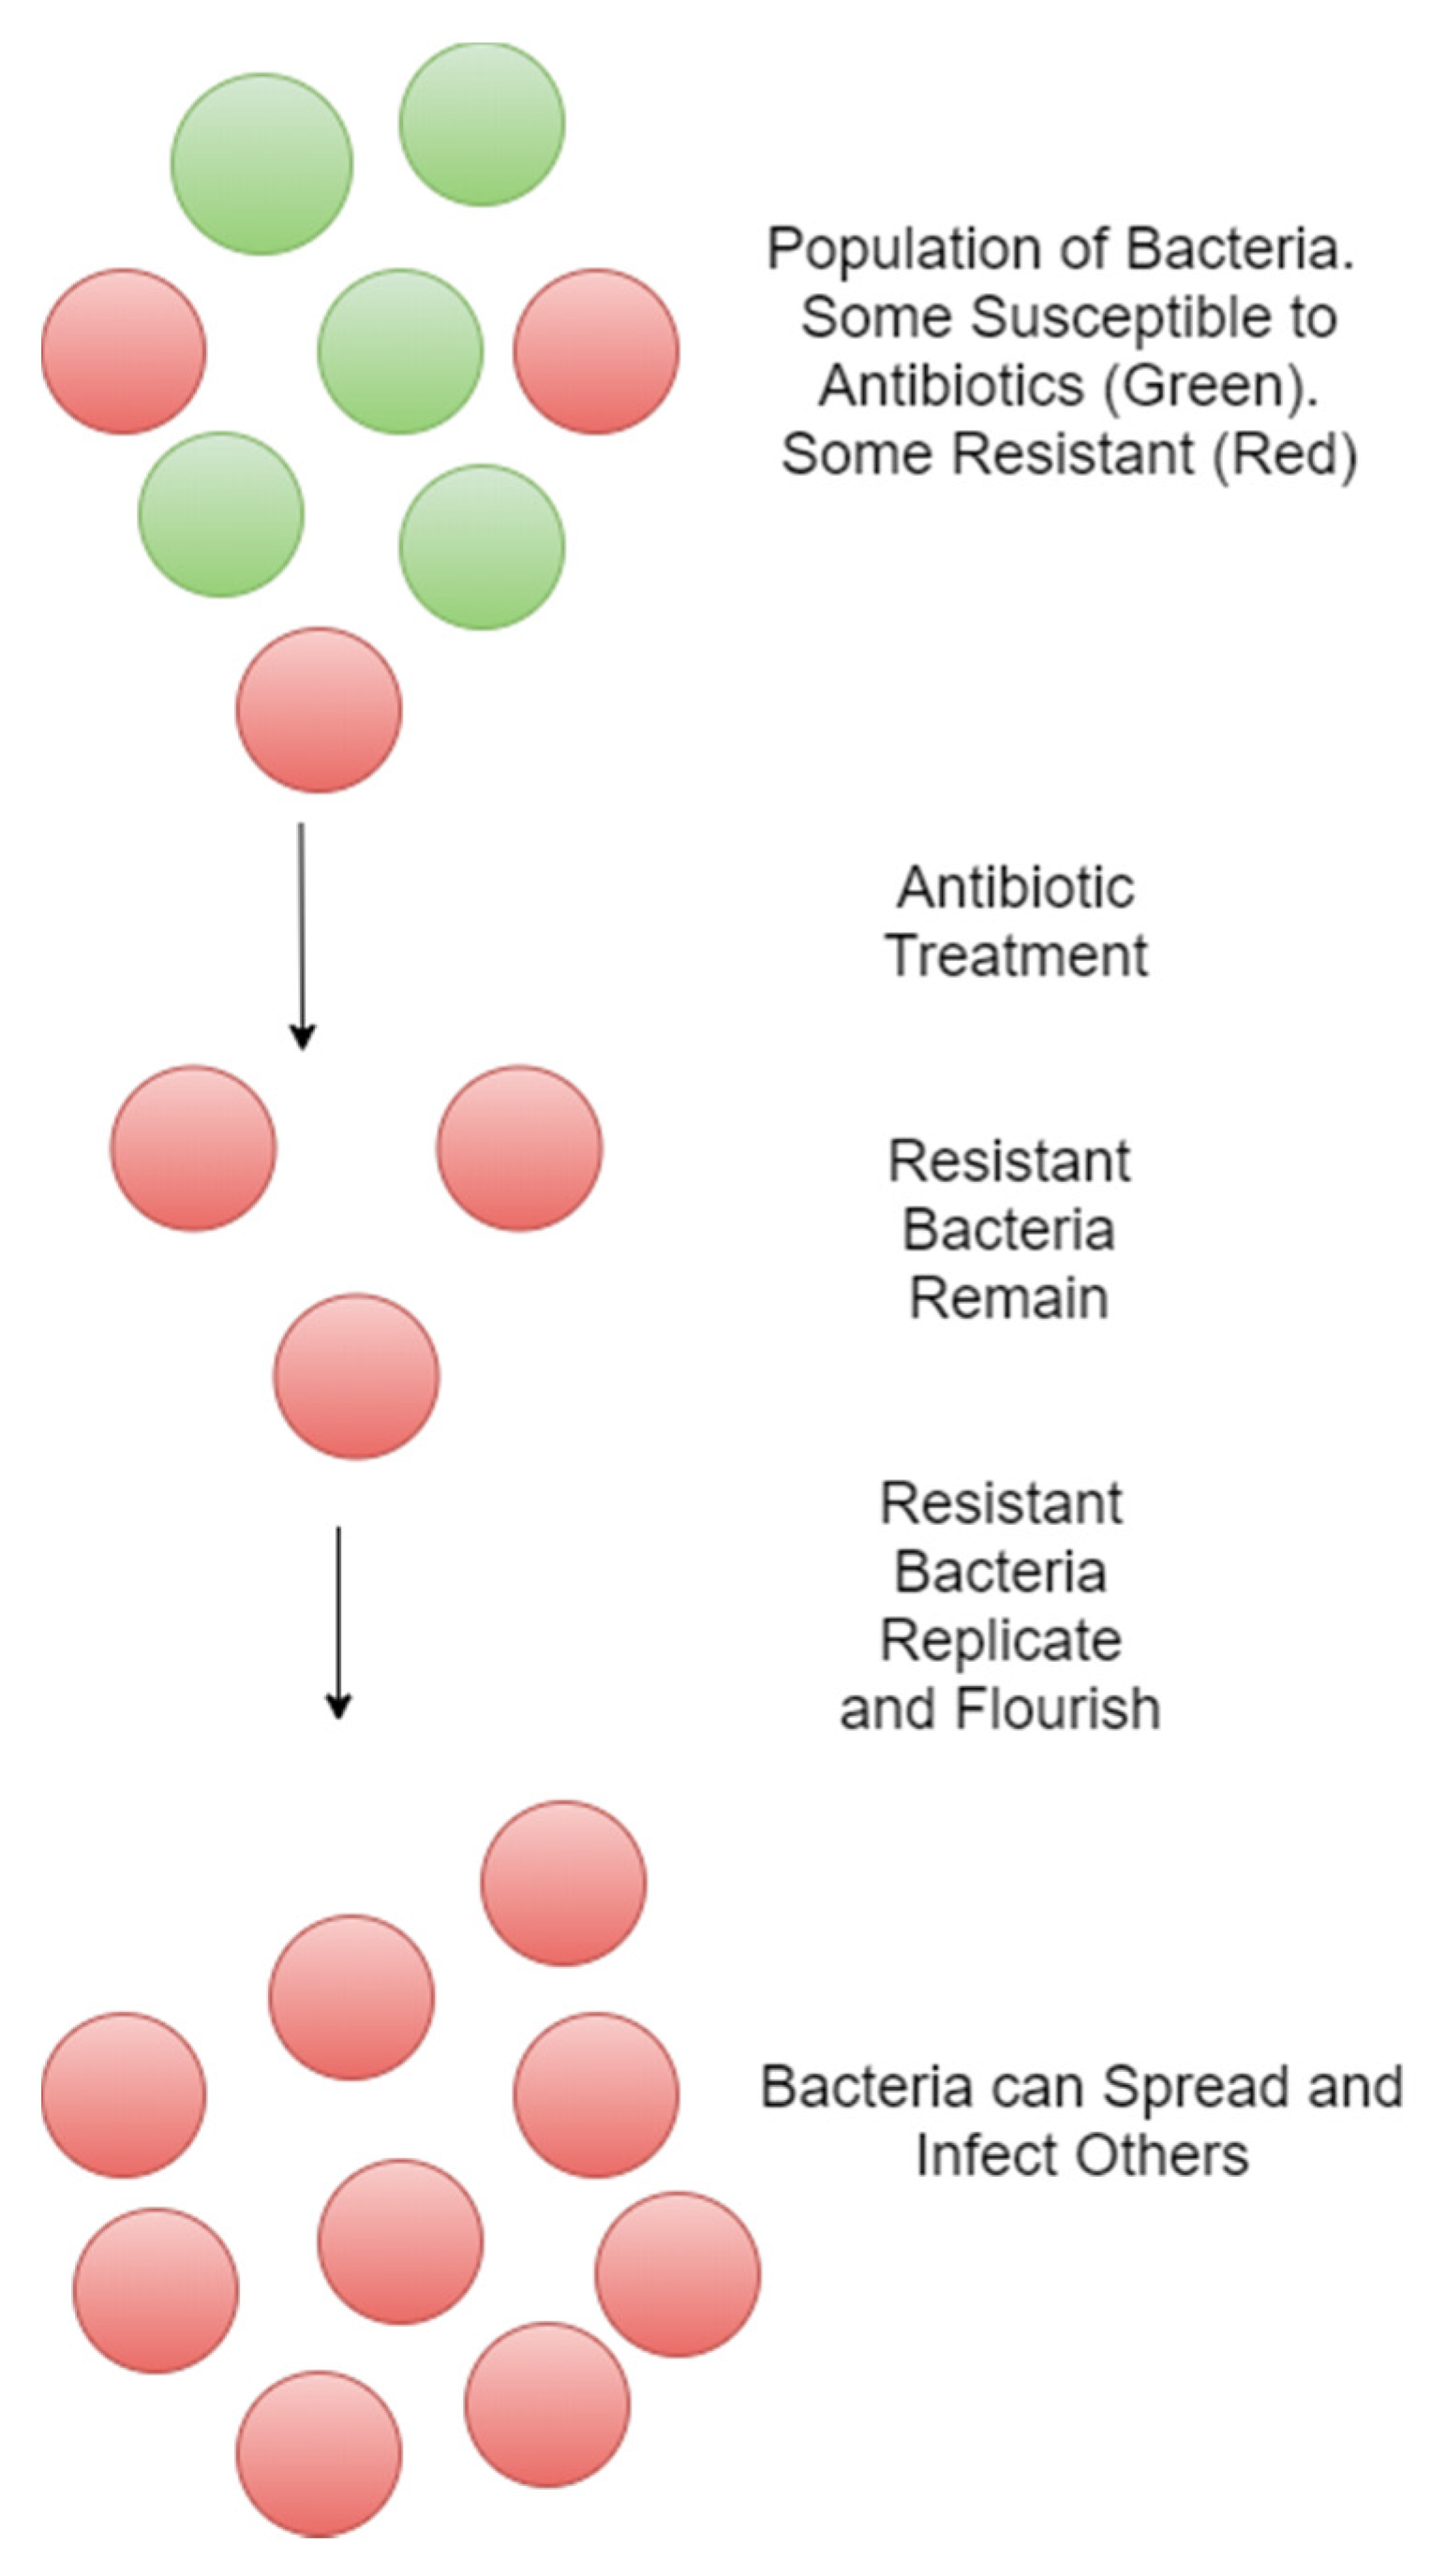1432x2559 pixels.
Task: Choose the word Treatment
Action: click(x=1016, y=955)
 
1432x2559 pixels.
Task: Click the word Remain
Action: click(x=1008, y=1298)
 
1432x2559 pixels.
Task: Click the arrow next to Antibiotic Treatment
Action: click(x=302, y=935)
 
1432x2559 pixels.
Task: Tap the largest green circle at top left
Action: click(x=261, y=164)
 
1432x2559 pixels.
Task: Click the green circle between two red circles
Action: click(x=400, y=350)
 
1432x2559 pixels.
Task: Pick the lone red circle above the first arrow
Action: click(x=318, y=709)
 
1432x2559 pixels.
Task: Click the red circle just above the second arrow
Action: click(x=356, y=1376)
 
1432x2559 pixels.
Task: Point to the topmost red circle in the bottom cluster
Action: click(x=563, y=1883)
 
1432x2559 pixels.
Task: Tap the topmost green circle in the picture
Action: click(x=482, y=124)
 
